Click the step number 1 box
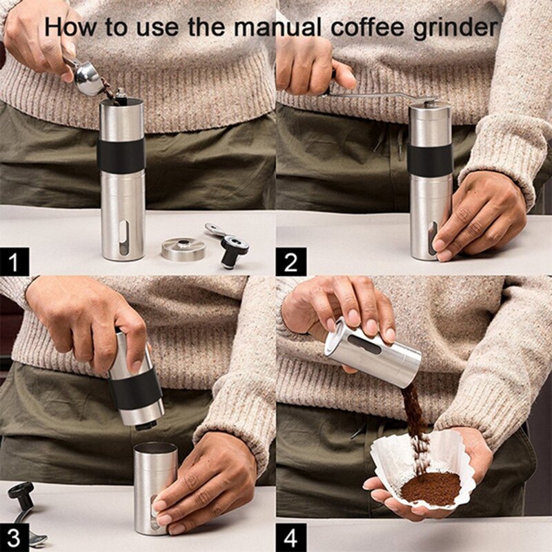point(17,263)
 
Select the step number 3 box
point(17,536)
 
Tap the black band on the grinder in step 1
point(121,155)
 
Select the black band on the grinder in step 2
point(430,160)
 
